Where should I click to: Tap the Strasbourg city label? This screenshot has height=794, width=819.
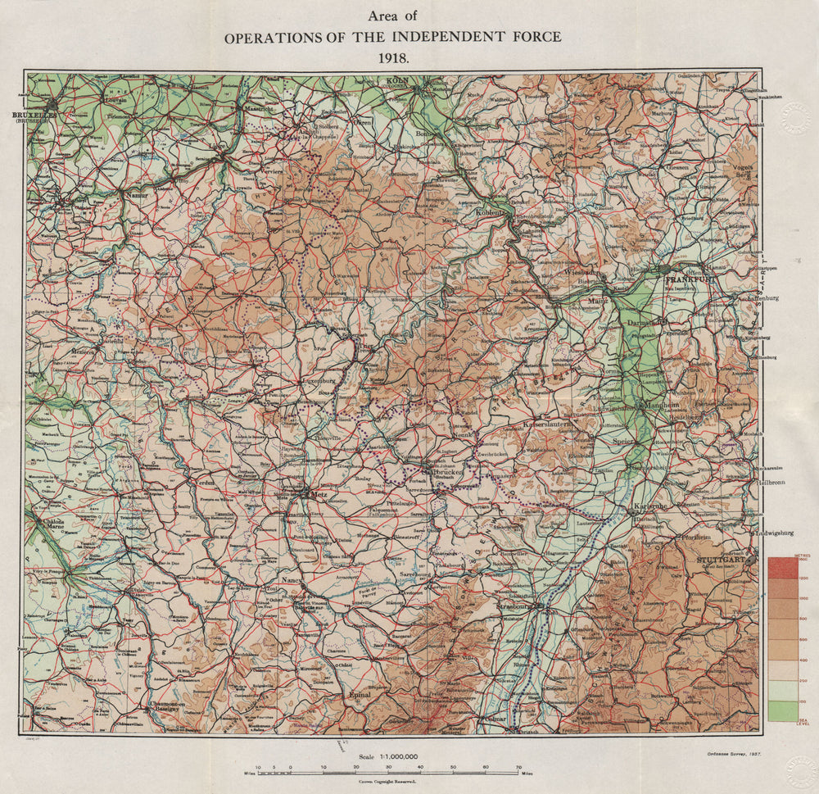coord(514,606)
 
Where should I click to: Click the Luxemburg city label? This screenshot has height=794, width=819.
coord(320,381)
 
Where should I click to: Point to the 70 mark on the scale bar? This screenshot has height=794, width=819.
coord(518,768)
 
